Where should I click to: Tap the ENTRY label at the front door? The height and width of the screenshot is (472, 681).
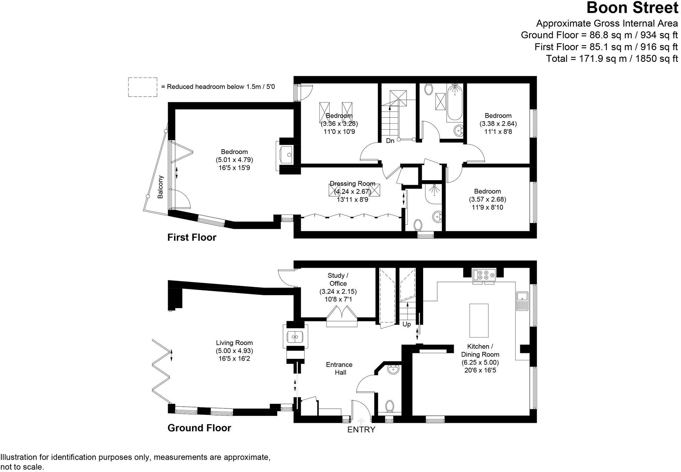point(361,430)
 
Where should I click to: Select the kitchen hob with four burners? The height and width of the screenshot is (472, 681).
point(484,275)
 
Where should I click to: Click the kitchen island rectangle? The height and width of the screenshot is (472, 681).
point(479,320)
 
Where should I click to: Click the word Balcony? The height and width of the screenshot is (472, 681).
point(160,187)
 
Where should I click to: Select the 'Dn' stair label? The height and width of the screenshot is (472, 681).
point(390,141)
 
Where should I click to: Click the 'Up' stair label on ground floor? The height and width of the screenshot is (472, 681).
point(407,324)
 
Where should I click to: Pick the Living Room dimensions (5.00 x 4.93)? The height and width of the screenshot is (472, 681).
point(234,351)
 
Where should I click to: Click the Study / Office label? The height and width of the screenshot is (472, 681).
point(338,280)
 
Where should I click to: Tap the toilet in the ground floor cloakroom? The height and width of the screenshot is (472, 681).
point(389,406)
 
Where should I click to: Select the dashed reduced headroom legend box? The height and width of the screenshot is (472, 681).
point(142,87)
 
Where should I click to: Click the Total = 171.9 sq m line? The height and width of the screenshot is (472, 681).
point(611,59)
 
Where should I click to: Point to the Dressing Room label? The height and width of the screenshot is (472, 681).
point(352,184)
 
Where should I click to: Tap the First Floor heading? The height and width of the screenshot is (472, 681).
point(192,237)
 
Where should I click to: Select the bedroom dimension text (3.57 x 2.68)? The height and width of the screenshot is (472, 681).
point(487,199)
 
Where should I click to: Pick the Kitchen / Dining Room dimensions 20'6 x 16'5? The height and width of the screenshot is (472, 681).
point(480,370)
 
